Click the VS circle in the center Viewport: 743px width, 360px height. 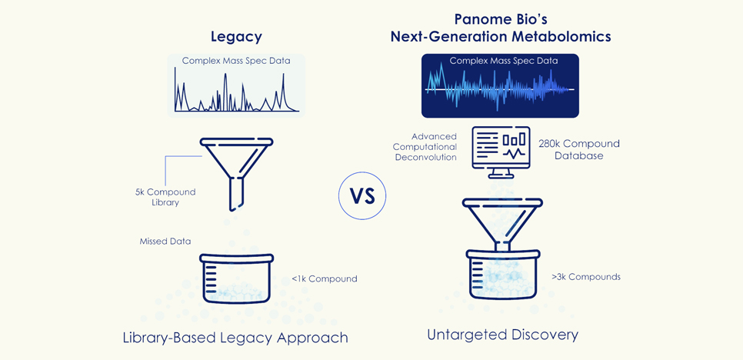point(362,195)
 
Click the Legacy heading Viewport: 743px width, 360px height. point(236,36)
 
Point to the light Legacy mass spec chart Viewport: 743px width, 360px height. point(236,85)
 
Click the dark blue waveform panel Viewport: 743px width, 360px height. point(500,85)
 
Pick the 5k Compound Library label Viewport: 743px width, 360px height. point(165,197)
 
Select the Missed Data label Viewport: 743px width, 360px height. point(165,241)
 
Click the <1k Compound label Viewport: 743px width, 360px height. point(324,278)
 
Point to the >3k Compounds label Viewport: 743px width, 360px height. point(585,276)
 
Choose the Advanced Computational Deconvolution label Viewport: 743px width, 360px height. point(425,147)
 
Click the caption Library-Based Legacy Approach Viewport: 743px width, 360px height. point(235,337)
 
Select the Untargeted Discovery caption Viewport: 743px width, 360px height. point(502,335)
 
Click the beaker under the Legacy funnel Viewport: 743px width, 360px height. point(236,278)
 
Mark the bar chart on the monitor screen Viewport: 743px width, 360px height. point(514,140)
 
